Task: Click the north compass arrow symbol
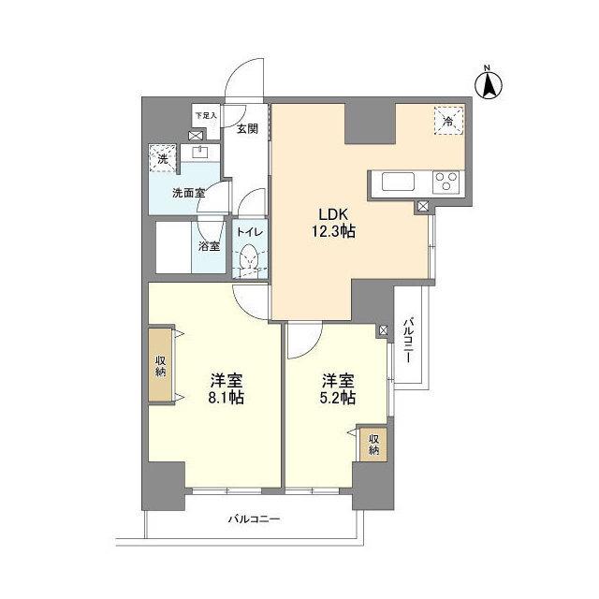pos(489,83)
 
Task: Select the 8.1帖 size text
pos(226,398)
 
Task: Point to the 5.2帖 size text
pos(338,398)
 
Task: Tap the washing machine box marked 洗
pos(163,159)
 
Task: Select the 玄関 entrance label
pos(246,129)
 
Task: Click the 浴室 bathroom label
pos(210,247)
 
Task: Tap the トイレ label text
pos(248,231)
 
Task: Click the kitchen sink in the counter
pos(394,182)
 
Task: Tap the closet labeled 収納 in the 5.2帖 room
pos(373,445)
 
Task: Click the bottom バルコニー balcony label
pos(253,519)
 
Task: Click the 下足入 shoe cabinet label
pos(205,116)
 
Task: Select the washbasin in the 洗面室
pos(198,152)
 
